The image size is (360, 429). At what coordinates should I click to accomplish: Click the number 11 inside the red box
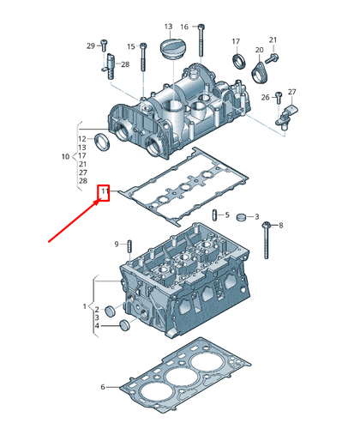(105, 191)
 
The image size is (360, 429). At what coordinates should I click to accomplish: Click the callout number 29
(90, 45)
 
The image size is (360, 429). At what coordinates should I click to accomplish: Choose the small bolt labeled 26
(276, 96)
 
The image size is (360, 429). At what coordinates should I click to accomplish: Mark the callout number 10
(65, 156)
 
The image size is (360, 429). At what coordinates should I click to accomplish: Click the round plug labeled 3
(242, 215)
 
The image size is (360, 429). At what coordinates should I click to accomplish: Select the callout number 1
(85, 306)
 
